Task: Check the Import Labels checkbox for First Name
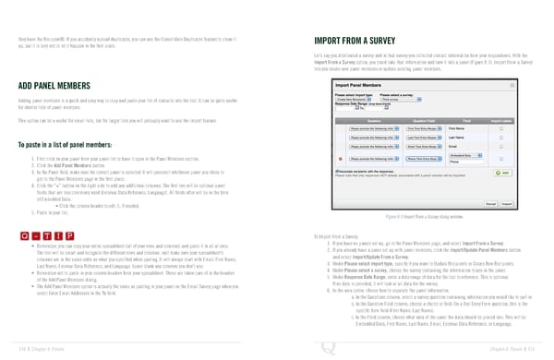[x=501, y=129]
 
